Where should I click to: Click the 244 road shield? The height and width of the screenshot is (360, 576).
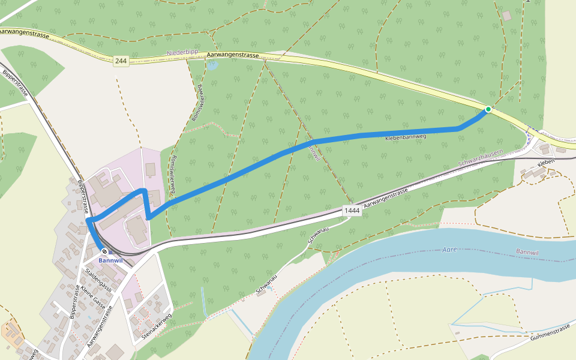pyautogui.click(x=121, y=61)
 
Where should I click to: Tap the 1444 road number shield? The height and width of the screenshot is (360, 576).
pyautogui.click(x=352, y=211)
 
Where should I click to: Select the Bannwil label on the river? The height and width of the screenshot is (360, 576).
pyautogui.click(x=527, y=251)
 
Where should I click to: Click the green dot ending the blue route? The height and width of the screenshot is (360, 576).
pyautogui.click(x=488, y=109)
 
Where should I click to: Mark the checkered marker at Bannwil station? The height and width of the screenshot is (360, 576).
pyautogui.click(x=104, y=251)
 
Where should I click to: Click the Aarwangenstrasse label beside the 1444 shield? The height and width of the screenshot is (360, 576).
pyautogui.click(x=385, y=197)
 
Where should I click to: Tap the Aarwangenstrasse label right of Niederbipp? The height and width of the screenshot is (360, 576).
pyautogui.click(x=233, y=55)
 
